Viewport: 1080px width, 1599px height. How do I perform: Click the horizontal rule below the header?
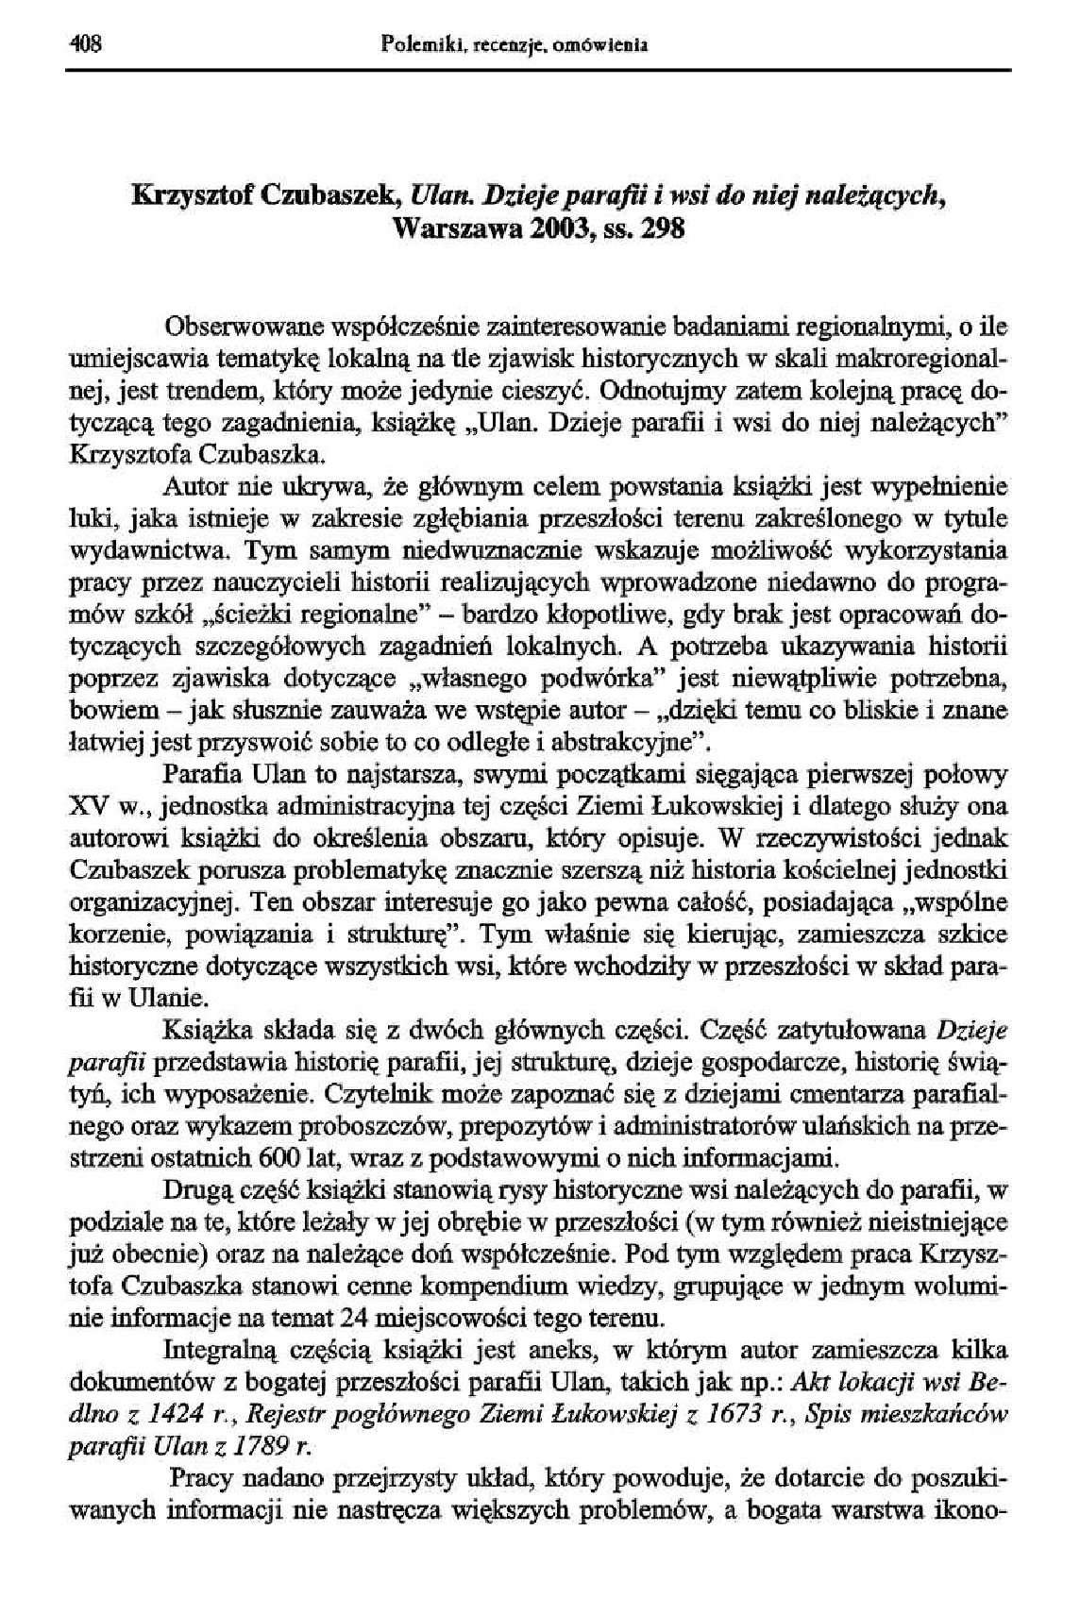(x=540, y=70)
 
